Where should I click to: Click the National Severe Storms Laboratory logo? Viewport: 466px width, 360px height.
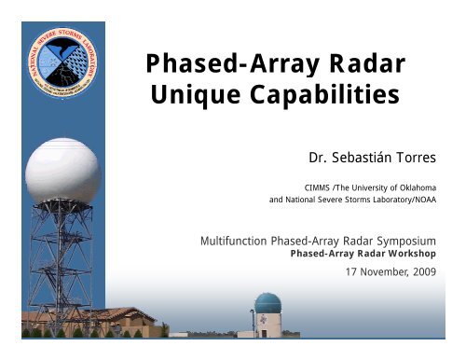(62, 59)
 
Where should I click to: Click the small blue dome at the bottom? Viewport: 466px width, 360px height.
(267, 303)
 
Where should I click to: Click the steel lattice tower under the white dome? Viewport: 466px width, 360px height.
(59, 261)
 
